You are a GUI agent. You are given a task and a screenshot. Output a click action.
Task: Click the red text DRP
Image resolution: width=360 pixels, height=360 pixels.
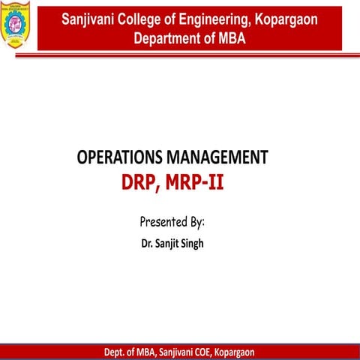[142, 181]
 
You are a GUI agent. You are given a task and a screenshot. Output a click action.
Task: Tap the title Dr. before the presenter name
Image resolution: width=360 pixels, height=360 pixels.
[147, 244]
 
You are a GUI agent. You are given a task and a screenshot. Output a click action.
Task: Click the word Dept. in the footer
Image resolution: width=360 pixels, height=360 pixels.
[117, 352]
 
